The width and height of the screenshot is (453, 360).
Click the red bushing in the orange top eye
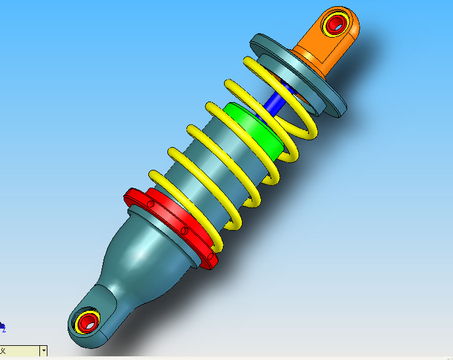(x=335, y=25)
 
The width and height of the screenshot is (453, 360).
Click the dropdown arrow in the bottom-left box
(x=43, y=351)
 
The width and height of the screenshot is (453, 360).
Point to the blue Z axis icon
(x=2, y=326)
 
